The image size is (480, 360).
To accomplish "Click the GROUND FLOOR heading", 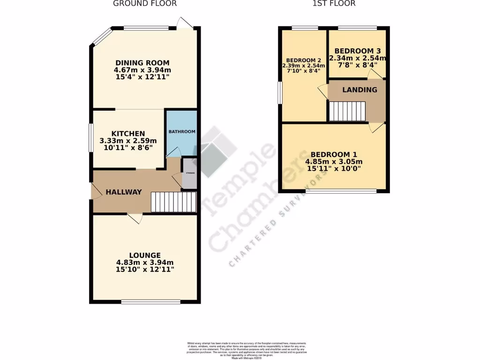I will click(145, 3).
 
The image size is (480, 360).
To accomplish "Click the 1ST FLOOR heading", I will click(333, 3).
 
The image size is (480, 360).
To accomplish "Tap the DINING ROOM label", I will click(142, 63).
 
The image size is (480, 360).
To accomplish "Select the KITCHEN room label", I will click(128, 134).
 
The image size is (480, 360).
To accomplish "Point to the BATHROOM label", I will click(182, 132).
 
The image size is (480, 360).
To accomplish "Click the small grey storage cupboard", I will click(189, 174).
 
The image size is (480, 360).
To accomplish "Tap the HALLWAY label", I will click(123, 192).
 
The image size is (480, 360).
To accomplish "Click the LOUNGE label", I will click(145, 255).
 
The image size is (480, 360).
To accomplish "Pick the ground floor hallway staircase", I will click(173, 202).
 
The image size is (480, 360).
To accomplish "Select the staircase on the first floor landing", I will click(346, 112).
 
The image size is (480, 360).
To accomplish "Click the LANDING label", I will click(360, 90).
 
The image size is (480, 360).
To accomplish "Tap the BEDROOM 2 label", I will click(303, 60).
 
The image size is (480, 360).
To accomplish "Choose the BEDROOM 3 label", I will click(357, 51).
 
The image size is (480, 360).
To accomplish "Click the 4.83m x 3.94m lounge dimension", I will click(145, 262).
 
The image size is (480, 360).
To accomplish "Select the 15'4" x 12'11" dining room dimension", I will click(142, 77).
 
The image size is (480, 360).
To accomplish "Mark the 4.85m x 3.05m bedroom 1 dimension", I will click(334, 162).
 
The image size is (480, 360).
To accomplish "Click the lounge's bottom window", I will click(150, 301).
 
